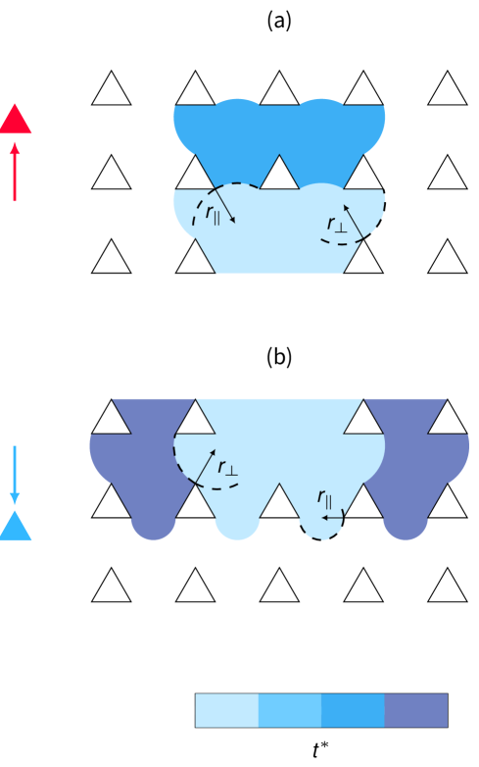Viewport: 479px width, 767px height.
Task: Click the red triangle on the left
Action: pyautogui.click(x=16, y=122)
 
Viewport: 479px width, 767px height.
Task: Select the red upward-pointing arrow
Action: pyautogui.click(x=15, y=172)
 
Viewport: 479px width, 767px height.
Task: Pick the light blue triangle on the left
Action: pyautogui.click(x=15, y=527)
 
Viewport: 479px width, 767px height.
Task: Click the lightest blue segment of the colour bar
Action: pyautogui.click(x=226, y=710)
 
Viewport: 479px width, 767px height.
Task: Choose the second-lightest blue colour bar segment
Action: pyautogui.click(x=290, y=710)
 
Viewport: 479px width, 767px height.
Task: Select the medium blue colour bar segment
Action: pyautogui.click(x=353, y=710)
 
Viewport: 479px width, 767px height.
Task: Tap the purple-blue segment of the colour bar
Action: pyautogui.click(x=415, y=710)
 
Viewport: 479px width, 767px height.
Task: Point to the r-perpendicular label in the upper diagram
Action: pyautogui.click(x=336, y=226)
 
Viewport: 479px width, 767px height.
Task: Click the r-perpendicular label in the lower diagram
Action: pyautogui.click(x=227, y=468)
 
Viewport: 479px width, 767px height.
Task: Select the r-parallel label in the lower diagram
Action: pyautogui.click(x=324, y=497)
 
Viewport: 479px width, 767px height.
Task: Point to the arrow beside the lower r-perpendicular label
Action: pyautogui.click(x=204, y=469)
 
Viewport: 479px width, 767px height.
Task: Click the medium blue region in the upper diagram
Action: pyautogui.click(x=279, y=132)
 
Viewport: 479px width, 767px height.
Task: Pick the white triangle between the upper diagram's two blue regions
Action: pyautogui.click(x=279, y=175)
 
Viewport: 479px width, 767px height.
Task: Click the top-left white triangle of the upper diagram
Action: pyautogui.click(x=112, y=90)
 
